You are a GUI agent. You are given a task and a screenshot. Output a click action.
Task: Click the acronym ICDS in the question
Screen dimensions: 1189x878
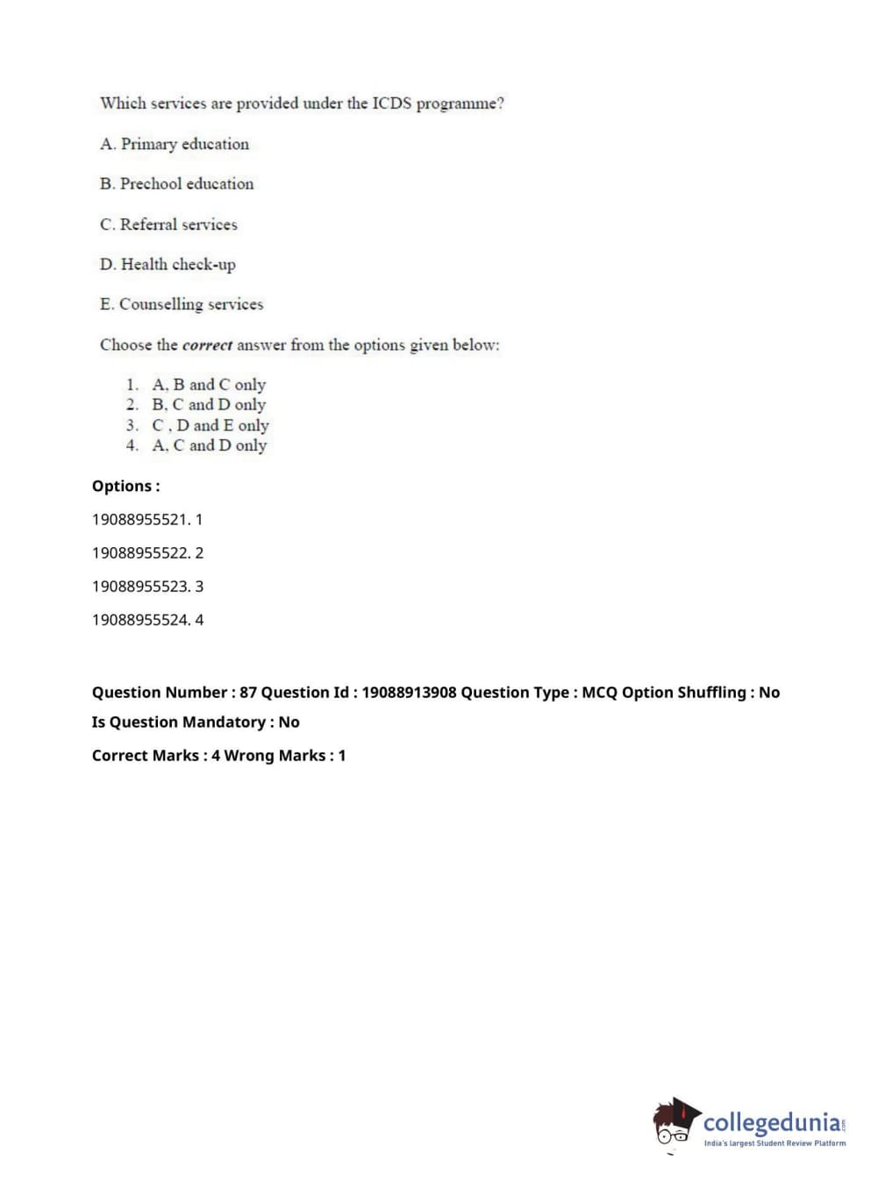[x=391, y=103]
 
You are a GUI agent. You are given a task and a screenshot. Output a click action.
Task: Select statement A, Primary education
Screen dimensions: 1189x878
[x=175, y=144]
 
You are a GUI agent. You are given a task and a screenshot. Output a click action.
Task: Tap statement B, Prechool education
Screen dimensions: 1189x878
[x=176, y=184]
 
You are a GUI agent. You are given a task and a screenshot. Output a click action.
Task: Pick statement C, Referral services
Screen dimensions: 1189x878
[x=168, y=224]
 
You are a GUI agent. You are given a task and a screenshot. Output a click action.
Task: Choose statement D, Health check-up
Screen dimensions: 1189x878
[x=168, y=265]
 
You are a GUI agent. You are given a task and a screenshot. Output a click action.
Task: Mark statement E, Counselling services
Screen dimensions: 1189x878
[x=182, y=304]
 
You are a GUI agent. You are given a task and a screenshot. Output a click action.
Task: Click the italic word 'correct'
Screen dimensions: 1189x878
[x=208, y=345]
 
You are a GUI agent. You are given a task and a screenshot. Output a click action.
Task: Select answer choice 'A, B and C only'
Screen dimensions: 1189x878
[x=209, y=385]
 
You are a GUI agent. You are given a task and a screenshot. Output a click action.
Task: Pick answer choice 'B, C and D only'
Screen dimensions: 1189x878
[x=209, y=405]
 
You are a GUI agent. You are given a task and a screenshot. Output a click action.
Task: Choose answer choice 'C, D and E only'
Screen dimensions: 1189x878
[x=211, y=425]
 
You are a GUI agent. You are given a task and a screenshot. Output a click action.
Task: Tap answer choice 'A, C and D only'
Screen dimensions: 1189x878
[x=209, y=445]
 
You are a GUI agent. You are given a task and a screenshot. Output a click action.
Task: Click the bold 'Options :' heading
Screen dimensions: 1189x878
[x=126, y=486]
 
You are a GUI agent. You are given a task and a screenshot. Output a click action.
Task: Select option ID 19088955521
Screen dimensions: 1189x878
[x=141, y=519]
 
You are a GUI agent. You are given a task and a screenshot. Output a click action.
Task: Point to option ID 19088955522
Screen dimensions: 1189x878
[x=141, y=552]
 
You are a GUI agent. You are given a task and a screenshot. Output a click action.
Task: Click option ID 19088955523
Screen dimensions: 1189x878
[x=141, y=586]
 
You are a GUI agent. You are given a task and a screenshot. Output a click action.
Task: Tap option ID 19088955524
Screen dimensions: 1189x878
[x=141, y=619]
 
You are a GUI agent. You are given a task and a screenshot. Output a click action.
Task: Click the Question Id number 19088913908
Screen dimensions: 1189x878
[x=409, y=692]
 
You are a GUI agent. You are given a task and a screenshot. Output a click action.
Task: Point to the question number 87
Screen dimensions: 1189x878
[x=248, y=692]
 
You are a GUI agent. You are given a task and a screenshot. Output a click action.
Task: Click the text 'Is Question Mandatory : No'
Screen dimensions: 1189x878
[x=196, y=722]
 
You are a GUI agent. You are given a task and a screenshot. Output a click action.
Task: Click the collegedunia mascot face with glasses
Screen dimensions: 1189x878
[x=675, y=1126]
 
